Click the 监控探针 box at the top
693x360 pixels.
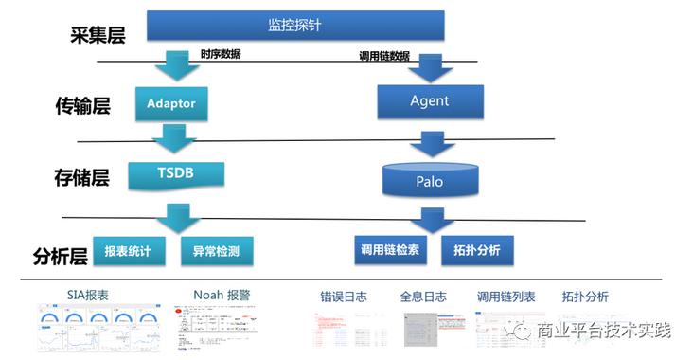295,26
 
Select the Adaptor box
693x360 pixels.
170,102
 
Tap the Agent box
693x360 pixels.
429,99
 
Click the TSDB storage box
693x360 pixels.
176,173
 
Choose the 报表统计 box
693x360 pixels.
128,250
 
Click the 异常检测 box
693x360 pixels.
216,250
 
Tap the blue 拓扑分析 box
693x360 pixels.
477,250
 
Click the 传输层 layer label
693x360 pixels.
83,106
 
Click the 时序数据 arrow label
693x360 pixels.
221,54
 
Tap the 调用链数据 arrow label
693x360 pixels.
384,56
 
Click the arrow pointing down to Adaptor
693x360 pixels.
176,64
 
